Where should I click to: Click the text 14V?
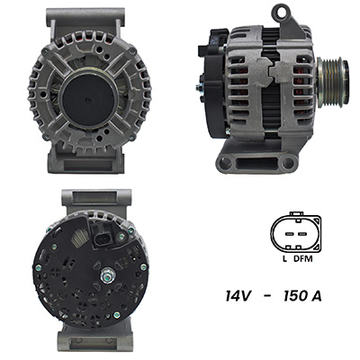[238, 296]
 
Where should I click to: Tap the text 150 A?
[302, 296]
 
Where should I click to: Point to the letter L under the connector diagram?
[284, 258]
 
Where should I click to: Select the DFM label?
[302, 258]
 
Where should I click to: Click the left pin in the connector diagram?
[289, 233]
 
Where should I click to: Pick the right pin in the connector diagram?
[301, 233]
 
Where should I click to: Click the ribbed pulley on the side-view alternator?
[332, 82]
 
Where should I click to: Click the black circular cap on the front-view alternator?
[88, 99]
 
